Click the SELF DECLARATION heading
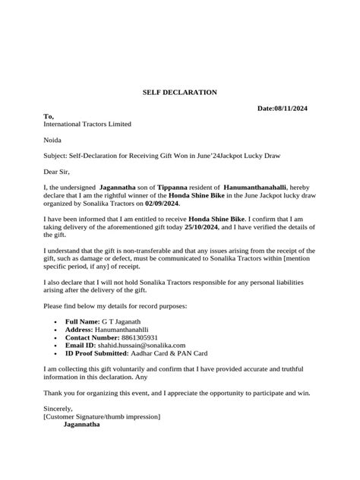pos(180,92)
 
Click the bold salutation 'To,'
pos(49,116)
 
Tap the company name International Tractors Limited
pos(87,124)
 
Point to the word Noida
pos(54,140)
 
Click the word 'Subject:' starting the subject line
pos(58,156)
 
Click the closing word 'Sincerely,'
pos(60,408)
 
